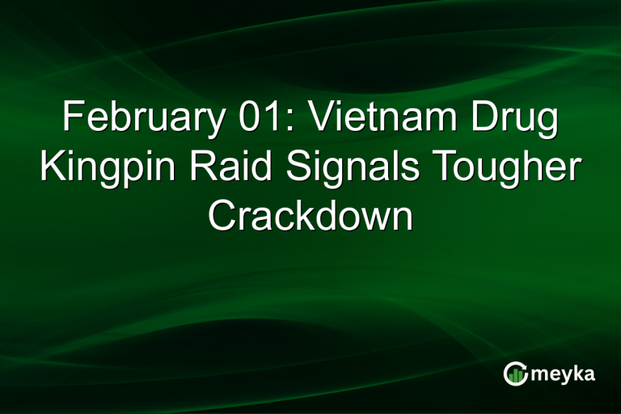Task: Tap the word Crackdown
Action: click(310, 217)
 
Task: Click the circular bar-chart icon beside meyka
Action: click(515, 373)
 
